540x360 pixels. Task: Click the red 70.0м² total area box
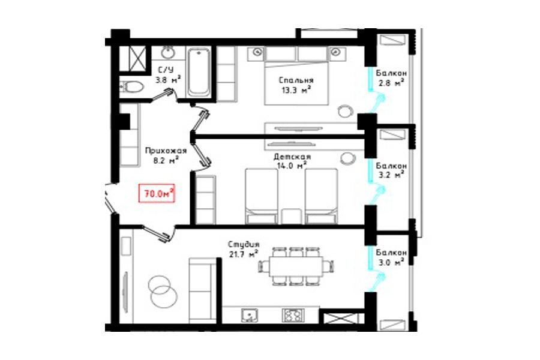[157, 193]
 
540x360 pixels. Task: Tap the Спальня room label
[296, 80]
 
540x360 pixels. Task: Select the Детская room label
[292, 157]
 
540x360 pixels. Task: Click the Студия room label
[244, 244]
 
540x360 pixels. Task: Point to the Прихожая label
[166, 151]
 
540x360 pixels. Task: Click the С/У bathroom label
[166, 70]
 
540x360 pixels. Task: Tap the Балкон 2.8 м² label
[391, 78]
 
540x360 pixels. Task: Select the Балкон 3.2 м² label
[391, 170]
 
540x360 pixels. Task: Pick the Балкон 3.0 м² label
[391, 257]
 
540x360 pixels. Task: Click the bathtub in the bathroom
[199, 73]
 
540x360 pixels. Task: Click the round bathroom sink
[168, 53]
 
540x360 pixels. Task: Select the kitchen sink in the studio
[250, 315]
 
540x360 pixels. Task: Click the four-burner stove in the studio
[293, 315]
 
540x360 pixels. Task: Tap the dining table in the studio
[296, 266]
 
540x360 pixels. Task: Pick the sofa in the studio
[203, 290]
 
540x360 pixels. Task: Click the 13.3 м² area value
[296, 91]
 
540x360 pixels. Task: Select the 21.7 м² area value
[244, 254]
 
